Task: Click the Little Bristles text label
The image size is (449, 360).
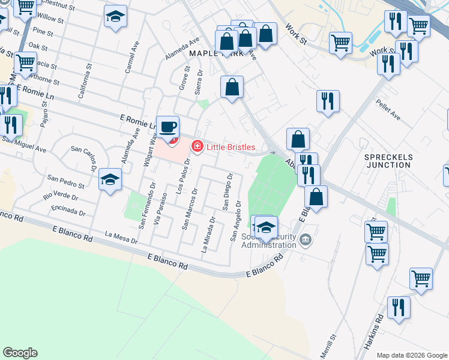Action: tap(231, 147)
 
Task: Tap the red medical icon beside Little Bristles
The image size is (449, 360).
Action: tap(196, 146)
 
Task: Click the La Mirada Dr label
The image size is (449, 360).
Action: tap(209, 235)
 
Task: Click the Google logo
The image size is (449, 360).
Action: tap(20, 353)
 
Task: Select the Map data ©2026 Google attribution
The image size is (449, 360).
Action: tap(412, 355)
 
